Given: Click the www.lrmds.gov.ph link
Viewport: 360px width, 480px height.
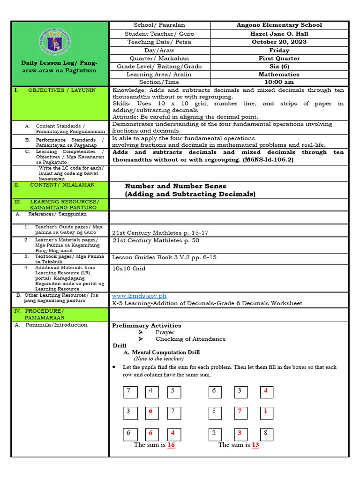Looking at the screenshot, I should click(x=139, y=296).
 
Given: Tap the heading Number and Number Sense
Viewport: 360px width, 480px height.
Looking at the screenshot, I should click(x=175, y=186).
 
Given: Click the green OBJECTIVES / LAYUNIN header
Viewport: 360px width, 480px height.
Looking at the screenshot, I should click(x=61, y=90).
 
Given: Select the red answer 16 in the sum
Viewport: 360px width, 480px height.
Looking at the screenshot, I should click(x=171, y=445).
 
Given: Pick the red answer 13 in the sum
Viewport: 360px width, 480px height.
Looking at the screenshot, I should click(x=255, y=445).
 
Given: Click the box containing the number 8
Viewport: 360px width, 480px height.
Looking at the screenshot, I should click(x=266, y=433).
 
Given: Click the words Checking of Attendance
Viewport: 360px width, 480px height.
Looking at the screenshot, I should click(x=190, y=339).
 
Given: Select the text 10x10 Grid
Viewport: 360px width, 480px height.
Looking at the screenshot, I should click(x=129, y=269).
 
